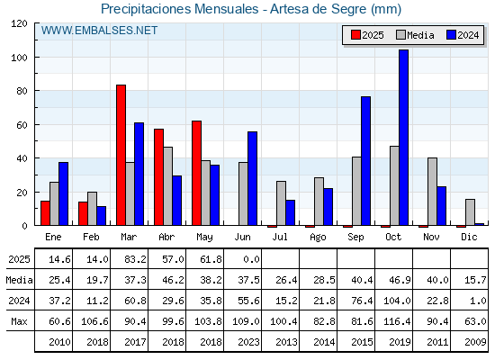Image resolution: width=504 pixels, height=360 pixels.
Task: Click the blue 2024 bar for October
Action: pos(403,137)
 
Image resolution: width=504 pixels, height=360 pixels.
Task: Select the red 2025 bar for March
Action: pos(121,155)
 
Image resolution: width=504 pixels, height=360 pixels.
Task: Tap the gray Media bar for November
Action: pos(432,192)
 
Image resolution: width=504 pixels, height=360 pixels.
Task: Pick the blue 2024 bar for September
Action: pos(365,161)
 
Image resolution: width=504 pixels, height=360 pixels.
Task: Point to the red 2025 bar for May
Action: pos(196,173)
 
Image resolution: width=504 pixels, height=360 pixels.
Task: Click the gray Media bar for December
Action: pos(470,212)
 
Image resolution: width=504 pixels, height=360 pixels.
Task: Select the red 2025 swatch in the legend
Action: pos(355,35)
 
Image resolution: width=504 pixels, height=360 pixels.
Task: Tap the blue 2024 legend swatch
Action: pos(451,35)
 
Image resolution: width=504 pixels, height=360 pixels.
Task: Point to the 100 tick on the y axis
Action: pos(36,58)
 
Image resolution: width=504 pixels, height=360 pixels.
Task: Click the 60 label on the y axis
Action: pos(22,125)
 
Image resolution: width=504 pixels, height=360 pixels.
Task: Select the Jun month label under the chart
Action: pos(242,238)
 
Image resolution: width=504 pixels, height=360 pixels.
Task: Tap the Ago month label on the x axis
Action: pos(318,238)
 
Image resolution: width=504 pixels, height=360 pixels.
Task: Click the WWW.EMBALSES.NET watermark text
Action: pos(99,31)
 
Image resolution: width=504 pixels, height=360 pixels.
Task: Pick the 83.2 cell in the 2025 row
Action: pos(135,259)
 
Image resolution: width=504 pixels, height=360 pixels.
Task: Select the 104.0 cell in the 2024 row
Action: pos(397,301)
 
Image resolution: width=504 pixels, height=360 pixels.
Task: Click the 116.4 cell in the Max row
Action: pos(397,321)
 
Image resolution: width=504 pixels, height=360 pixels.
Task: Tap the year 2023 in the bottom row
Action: pos(248,342)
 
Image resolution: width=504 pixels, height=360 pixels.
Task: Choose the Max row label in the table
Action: pos(19,321)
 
